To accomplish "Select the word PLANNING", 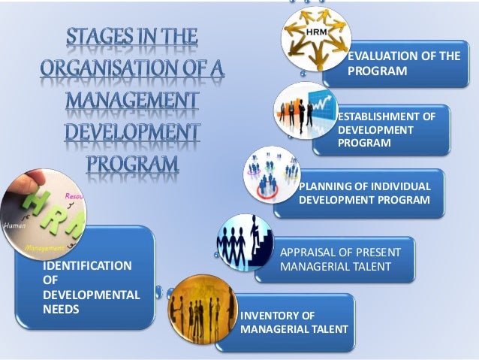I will point(326,186).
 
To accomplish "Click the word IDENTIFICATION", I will point(87,265).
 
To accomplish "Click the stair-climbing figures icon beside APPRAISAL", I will point(244,242).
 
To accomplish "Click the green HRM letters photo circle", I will point(43,214).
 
